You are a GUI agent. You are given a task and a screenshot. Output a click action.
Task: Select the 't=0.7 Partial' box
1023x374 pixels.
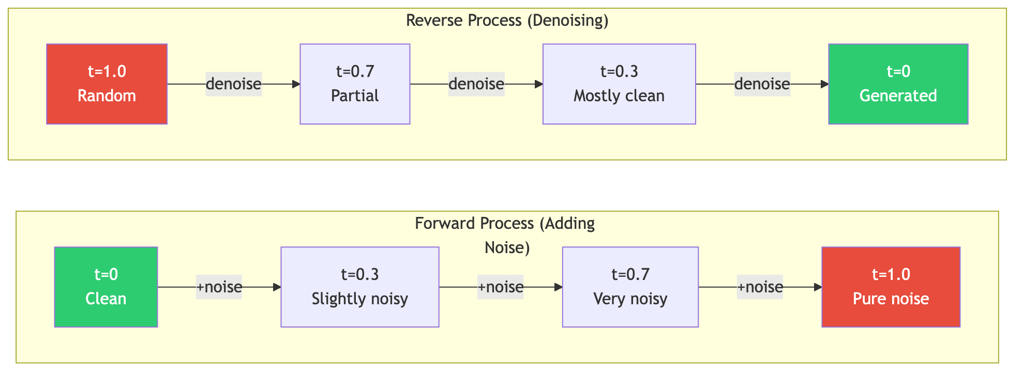coord(355,84)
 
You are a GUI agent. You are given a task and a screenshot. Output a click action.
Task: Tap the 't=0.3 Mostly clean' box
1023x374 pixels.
coord(619,84)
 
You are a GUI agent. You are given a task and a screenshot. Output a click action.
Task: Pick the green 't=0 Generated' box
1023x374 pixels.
coord(898,84)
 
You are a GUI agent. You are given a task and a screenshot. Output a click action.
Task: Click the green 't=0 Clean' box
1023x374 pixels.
coord(106,287)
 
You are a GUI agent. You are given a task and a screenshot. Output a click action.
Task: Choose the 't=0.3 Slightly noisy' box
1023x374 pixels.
coord(360,287)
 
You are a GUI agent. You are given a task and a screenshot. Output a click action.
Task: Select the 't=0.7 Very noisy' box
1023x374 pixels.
coord(630,287)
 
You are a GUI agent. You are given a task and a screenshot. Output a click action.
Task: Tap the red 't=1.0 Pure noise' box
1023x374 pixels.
coord(891,287)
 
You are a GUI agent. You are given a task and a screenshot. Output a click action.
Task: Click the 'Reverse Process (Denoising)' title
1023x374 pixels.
coord(507,21)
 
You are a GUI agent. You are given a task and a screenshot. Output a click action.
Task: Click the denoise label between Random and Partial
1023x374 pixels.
coord(234,84)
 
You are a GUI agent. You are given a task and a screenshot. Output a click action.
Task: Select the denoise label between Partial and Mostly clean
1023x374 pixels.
coord(476,84)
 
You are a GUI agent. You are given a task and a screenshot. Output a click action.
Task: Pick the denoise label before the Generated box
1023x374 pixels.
coord(762,84)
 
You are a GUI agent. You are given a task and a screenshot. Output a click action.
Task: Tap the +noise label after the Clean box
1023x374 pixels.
coord(219,287)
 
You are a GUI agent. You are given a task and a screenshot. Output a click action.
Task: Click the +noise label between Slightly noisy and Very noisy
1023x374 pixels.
coord(501,287)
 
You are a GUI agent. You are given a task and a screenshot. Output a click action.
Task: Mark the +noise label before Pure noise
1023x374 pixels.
coord(760,287)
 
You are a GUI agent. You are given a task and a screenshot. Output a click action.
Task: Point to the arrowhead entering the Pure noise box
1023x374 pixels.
coord(818,287)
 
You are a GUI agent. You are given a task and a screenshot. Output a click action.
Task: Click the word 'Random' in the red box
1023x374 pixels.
coord(107,96)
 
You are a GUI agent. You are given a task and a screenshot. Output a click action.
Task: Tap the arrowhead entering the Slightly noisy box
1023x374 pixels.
coord(277,287)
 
